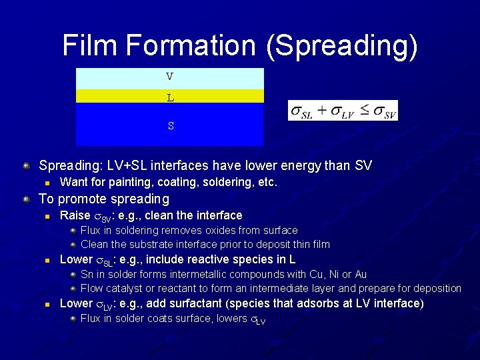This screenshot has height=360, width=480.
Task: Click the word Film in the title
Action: pos(90,45)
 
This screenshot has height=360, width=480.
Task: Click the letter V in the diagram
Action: pos(170,77)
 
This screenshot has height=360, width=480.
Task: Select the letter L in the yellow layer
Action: pos(170,98)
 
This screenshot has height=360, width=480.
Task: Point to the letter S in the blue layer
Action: pos(171,125)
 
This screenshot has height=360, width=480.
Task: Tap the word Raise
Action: pos(75,215)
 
